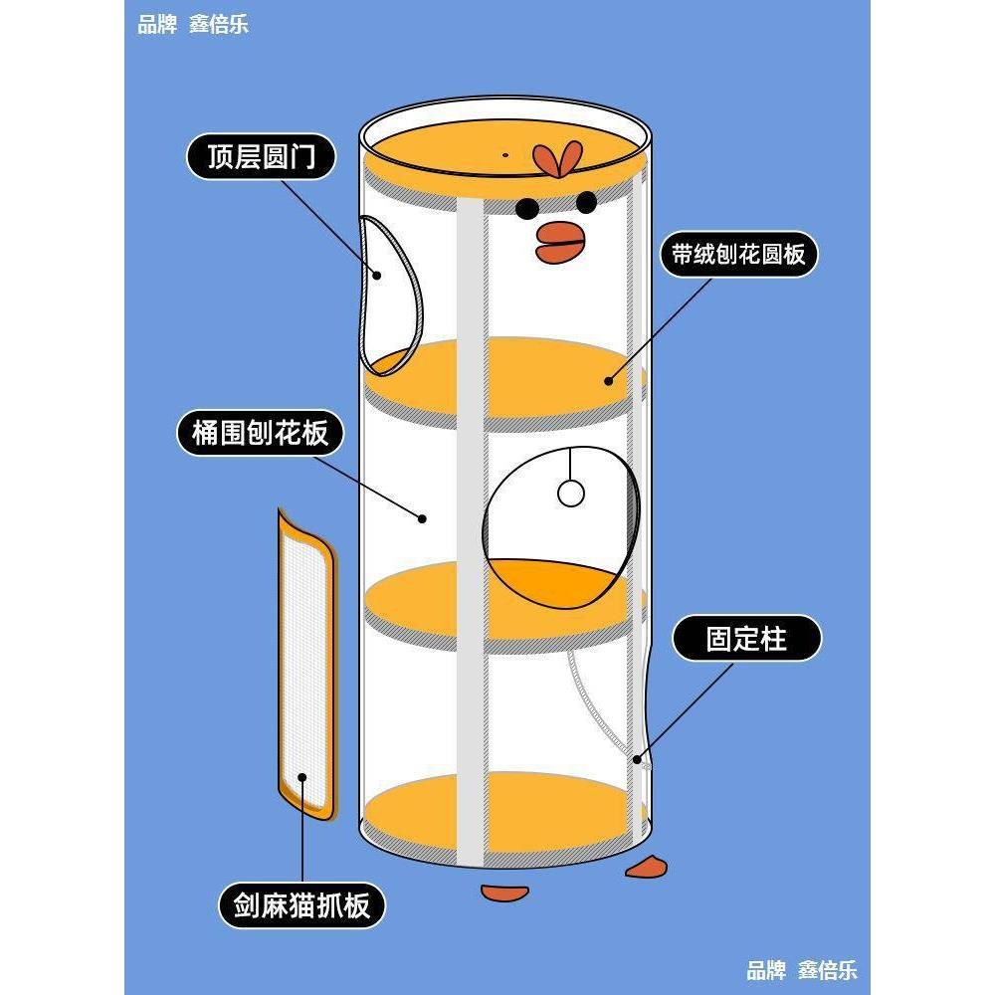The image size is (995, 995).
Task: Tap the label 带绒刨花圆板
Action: pyautogui.click(x=738, y=256)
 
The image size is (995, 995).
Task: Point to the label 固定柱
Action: pyautogui.click(x=746, y=639)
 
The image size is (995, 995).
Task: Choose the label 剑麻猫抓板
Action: pyautogui.click(x=301, y=905)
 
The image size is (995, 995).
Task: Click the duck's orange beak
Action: pyautogui.click(x=559, y=242)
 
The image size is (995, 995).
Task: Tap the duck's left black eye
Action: pyautogui.click(x=526, y=208)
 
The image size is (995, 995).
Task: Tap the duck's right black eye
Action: pyautogui.click(x=586, y=202)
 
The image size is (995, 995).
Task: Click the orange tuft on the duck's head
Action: pyautogui.click(x=556, y=158)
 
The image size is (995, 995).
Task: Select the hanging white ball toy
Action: pyautogui.click(x=570, y=493)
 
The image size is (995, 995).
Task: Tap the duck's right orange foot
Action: pyautogui.click(x=647, y=866)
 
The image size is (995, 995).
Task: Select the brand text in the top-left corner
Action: pyautogui.click(x=192, y=24)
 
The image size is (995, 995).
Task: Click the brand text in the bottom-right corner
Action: pyautogui.click(x=801, y=970)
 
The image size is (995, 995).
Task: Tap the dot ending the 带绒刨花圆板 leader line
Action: pyautogui.click(x=608, y=380)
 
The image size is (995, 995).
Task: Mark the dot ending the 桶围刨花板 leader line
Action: pyautogui.click(x=422, y=518)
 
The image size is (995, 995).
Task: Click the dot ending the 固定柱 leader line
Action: pyautogui.click(x=637, y=760)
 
